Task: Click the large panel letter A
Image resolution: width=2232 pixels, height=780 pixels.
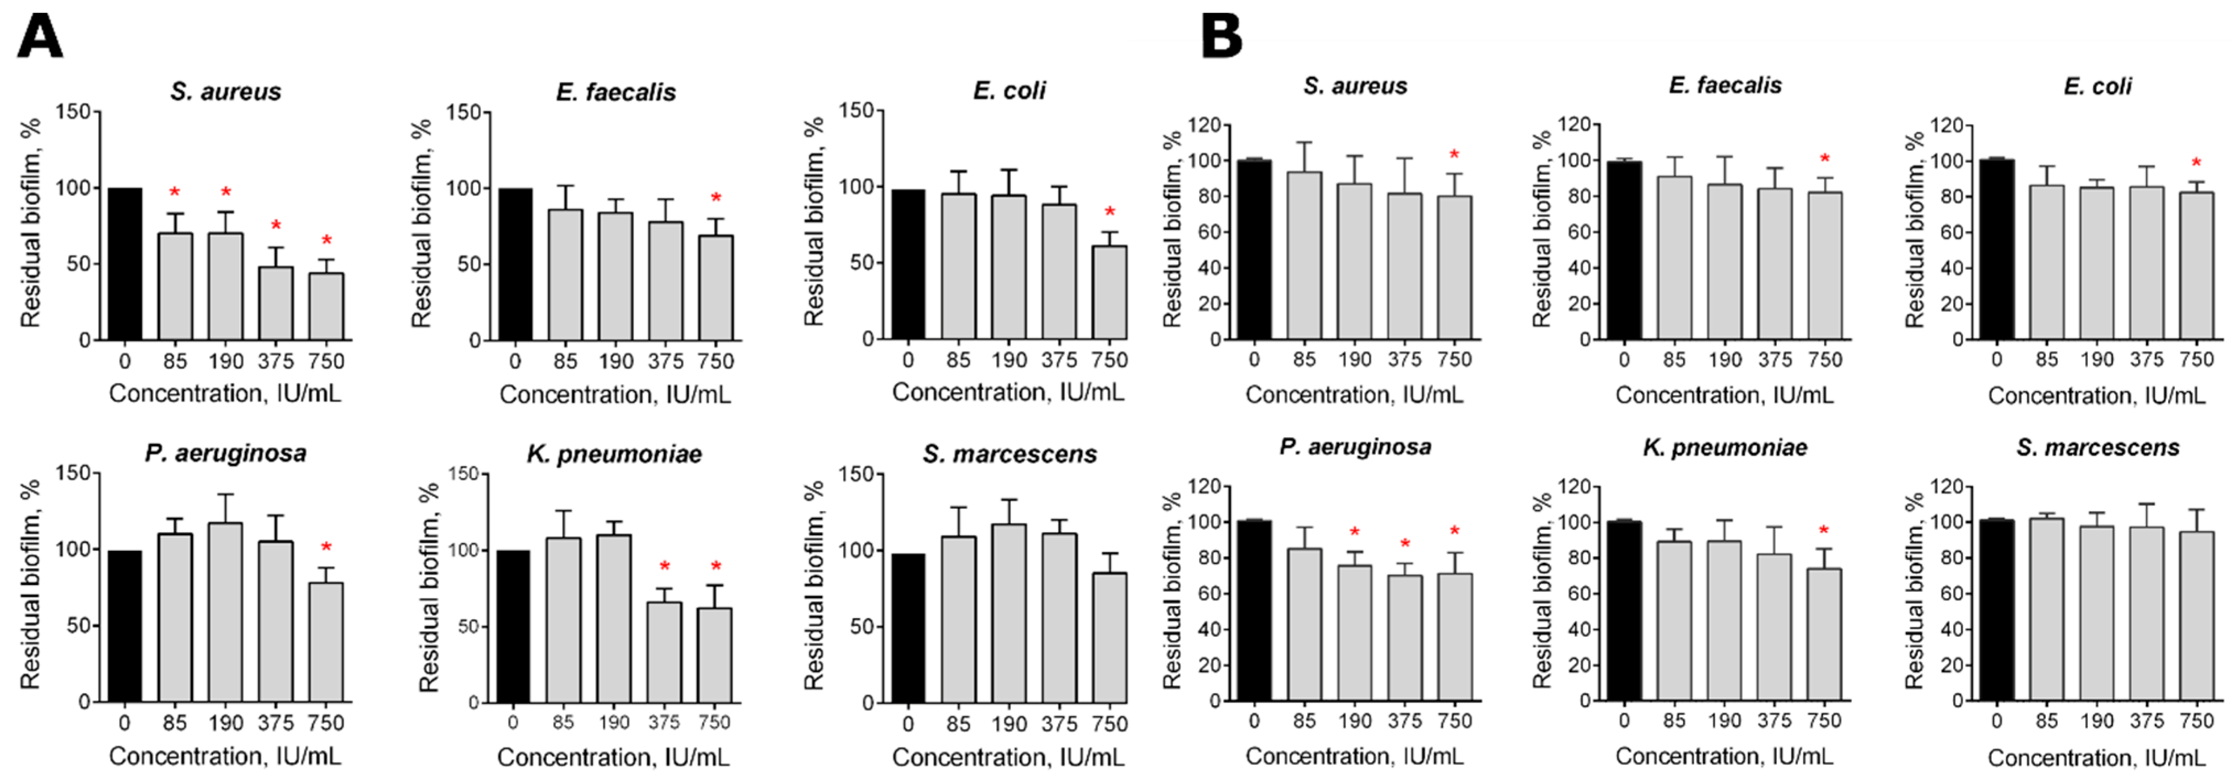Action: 40,37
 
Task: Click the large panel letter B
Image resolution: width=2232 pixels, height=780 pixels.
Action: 1221,37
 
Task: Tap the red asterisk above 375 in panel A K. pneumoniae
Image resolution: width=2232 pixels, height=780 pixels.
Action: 664,567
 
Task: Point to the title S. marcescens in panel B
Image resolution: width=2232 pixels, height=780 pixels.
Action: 2097,448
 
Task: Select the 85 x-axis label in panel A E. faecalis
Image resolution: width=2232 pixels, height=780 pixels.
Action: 565,361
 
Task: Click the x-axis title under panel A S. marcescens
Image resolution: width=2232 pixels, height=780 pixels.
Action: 1008,757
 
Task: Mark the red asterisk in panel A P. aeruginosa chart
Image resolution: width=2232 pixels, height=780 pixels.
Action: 327,548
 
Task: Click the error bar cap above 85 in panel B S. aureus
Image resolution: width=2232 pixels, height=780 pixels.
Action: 1304,143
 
